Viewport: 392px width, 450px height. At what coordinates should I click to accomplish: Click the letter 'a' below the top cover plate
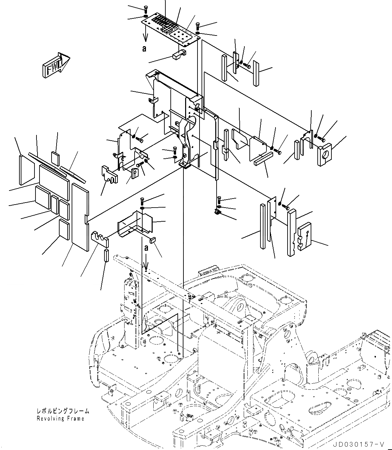point(144,49)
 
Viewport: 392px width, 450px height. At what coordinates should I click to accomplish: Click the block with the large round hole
point(324,155)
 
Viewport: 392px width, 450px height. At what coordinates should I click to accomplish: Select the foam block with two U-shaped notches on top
point(100,239)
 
